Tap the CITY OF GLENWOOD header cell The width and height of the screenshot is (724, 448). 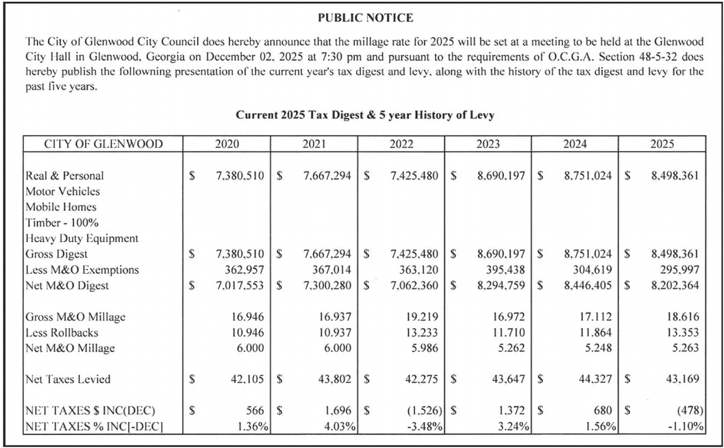coord(103,144)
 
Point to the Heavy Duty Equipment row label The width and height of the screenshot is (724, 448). coord(82,238)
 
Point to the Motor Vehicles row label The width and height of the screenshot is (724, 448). coord(62,191)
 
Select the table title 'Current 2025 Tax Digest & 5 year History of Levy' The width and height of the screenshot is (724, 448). coord(365,115)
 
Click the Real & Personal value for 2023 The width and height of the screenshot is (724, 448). coord(501,175)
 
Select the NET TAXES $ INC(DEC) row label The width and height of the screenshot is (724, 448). coord(90,411)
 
